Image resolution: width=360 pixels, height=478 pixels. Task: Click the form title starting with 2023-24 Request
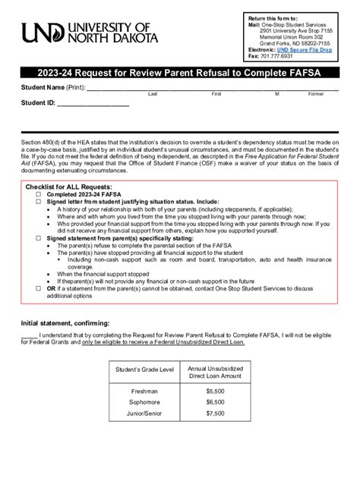[179, 74]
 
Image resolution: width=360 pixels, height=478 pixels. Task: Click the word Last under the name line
[153, 94]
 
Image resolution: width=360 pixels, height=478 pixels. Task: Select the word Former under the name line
[316, 94]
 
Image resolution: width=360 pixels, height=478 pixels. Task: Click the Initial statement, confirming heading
[65, 323]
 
